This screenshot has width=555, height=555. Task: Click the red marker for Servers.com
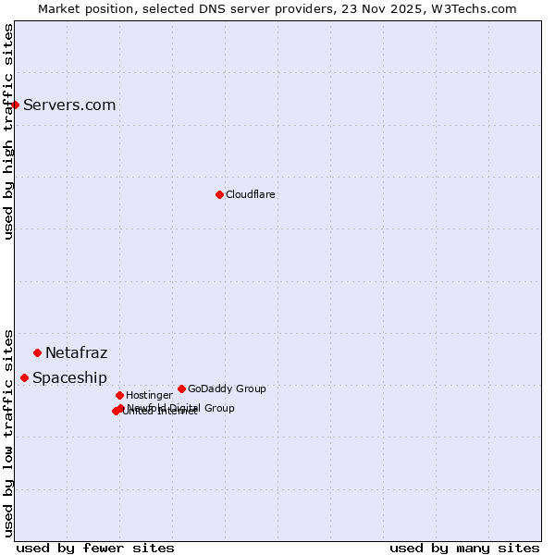(x=16, y=105)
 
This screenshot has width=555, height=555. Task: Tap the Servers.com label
(x=69, y=105)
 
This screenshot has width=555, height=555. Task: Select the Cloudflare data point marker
(x=219, y=194)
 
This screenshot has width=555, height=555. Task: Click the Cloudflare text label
(x=251, y=195)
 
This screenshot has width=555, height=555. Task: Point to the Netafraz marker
(x=38, y=352)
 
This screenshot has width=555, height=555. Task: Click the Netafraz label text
(x=77, y=353)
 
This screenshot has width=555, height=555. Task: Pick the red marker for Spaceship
(x=25, y=377)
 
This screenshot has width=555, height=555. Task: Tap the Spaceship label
(x=69, y=378)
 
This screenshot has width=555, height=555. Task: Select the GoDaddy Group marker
(x=181, y=388)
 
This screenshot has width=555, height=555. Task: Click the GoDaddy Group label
(x=227, y=389)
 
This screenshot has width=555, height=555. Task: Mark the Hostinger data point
(x=119, y=395)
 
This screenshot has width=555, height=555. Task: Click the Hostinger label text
(x=149, y=396)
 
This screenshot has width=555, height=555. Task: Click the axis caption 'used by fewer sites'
(x=95, y=548)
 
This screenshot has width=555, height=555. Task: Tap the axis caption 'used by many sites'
(x=464, y=548)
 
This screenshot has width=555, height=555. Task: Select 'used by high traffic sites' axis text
(x=9, y=131)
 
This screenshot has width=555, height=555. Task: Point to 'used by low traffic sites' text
(x=9, y=432)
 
